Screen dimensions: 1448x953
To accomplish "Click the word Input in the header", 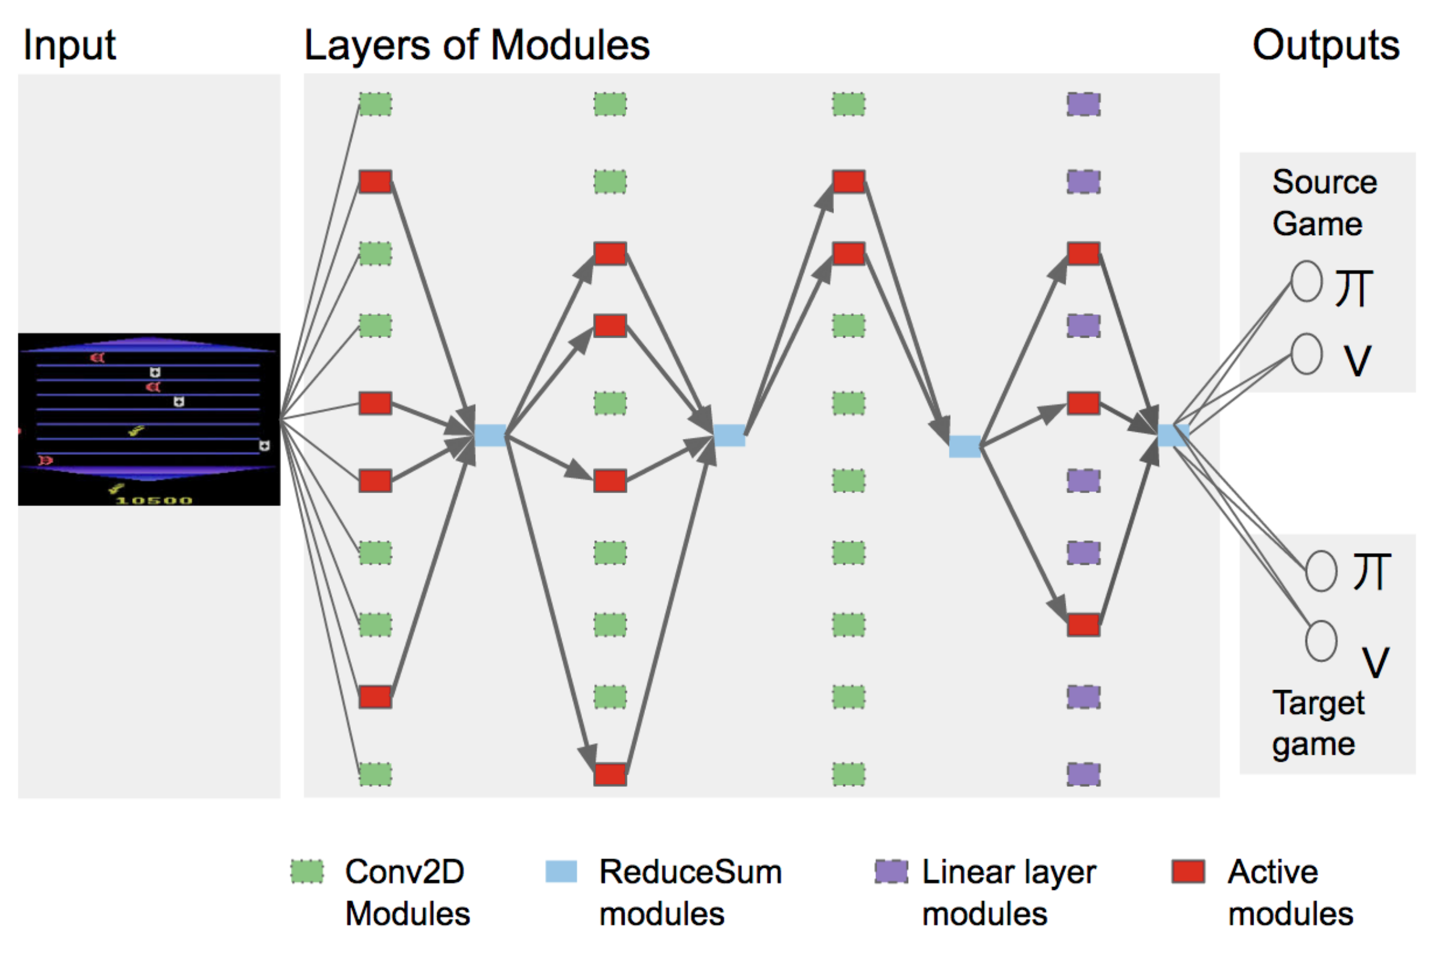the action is [x=69, y=46].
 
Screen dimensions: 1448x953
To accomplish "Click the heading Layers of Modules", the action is [x=477, y=46].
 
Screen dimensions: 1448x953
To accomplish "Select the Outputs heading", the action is [x=1326, y=45].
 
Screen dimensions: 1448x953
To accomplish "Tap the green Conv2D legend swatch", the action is [x=307, y=872].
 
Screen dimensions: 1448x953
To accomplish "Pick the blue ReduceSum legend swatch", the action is [x=561, y=872].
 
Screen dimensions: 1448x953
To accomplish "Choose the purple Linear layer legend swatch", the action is [x=891, y=872].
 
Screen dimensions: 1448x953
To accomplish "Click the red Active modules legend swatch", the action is [x=1188, y=872].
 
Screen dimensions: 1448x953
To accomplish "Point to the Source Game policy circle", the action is [x=1307, y=281].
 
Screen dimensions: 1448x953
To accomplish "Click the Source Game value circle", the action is [x=1307, y=354].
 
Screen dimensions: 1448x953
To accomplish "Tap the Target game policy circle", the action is [x=1321, y=571].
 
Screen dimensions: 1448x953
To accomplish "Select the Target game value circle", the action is [x=1321, y=641].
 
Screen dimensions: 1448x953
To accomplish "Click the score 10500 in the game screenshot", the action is [x=154, y=499].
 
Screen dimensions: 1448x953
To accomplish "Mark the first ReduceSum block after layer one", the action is [x=490, y=435].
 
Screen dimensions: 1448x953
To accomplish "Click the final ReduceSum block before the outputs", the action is [x=1173, y=435].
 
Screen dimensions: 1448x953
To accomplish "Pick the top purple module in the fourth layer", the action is [x=1084, y=104].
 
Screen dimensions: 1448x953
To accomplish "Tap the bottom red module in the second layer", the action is [x=610, y=774].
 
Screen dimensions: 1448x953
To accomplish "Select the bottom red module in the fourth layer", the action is [x=1084, y=625].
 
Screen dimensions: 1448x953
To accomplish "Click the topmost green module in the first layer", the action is [x=376, y=104].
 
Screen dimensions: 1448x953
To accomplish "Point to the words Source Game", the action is [x=1324, y=202].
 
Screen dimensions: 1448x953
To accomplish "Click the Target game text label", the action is [x=1318, y=723].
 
